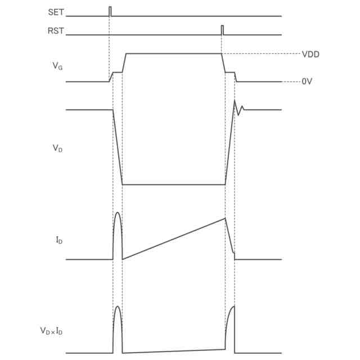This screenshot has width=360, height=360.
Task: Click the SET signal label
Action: click(x=56, y=12)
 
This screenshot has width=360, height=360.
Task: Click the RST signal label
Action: click(x=56, y=31)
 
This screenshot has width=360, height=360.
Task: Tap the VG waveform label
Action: click(x=57, y=66)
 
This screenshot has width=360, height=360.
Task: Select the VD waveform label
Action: click(x=57, y=148)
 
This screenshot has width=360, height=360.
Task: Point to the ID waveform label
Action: click(x=59, y=240)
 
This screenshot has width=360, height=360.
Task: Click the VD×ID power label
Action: click(x=51, y=331)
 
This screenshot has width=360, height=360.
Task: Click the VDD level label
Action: click(x=310, y=55)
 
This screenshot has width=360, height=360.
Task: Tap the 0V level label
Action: click(x=307, y=81)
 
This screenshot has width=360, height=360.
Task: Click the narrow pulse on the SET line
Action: click(x=110, y=11)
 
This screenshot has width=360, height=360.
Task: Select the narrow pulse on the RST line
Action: click(x=222, y=30)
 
